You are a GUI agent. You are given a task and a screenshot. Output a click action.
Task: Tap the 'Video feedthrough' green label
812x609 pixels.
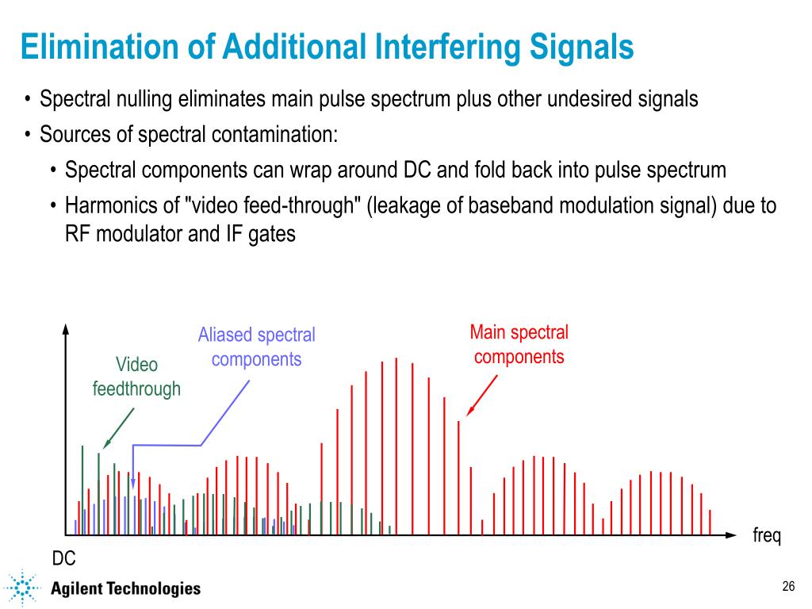point(136,377)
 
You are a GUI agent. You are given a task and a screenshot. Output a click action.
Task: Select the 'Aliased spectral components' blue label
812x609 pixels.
point(256,347)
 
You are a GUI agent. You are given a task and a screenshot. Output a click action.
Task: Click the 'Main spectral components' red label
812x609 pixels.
point(519,344)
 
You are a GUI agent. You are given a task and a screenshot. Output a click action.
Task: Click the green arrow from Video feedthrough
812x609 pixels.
point(118,429)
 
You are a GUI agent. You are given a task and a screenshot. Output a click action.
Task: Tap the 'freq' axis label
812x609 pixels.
point(767,537)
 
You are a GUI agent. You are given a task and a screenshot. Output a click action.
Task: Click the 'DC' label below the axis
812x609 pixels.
point(64,559)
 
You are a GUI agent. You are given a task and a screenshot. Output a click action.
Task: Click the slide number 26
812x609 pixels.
point(787,587)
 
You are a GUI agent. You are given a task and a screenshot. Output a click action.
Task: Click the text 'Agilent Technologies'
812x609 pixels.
point(125,588)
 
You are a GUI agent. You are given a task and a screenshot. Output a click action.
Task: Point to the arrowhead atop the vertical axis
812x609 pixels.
point(66,327)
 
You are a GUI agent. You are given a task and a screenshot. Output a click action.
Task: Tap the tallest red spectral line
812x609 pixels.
point(396,444)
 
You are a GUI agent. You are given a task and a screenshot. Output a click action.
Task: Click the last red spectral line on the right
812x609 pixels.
point(710,522)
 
